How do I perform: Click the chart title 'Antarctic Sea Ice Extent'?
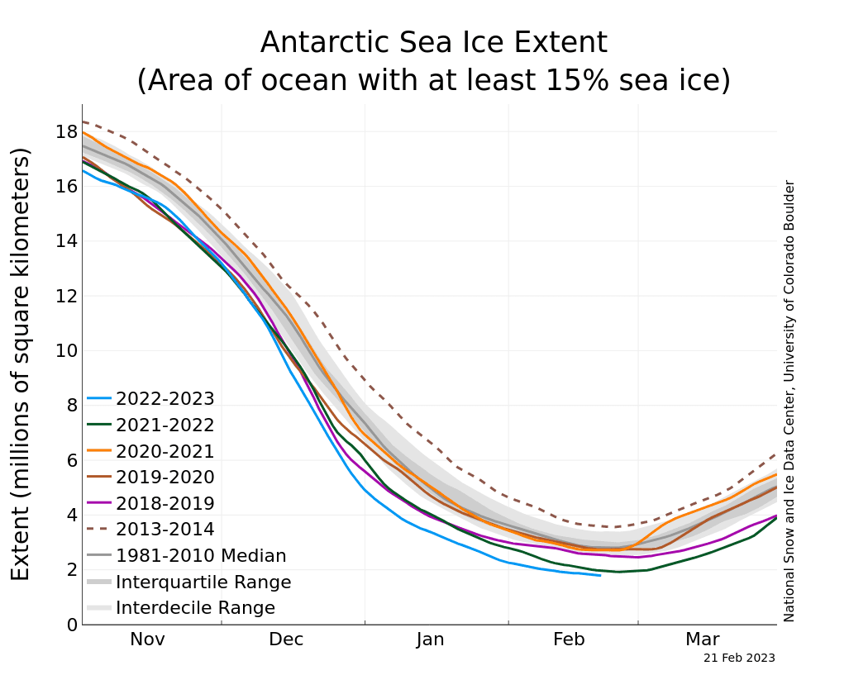click(433, 42)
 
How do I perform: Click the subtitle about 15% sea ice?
click(433, 80)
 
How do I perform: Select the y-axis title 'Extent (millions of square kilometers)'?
click(21, 364)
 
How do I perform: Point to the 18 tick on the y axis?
click(67, 132)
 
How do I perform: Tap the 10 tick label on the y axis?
click(67, 350)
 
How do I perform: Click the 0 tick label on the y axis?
click(73, 625)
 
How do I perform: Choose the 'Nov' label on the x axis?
click(147, 639)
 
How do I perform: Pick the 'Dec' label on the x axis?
click(286, 639)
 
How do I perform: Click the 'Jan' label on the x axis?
click(430, 639)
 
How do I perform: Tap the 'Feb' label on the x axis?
click(569, 639)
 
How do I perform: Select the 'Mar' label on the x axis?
click(702, 639)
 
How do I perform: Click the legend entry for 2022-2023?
click(165, 399)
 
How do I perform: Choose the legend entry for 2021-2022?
click(165, 425)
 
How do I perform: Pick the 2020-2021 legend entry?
click(165, 452)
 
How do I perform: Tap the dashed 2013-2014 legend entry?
click(165, 530)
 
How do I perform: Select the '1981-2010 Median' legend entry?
click(201, 556)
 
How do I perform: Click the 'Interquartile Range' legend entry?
click(203, 582)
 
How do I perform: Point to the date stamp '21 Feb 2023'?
click(739, 658)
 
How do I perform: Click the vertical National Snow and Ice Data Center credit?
click(789, 401)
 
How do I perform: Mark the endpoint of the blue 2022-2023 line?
click(600, 575)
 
